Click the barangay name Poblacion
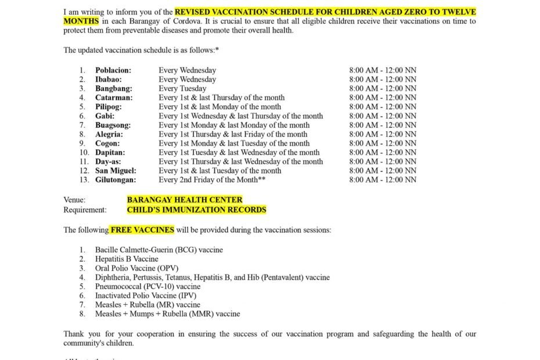[113, 70]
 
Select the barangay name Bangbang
[114, 89]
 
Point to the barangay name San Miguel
[116, 171]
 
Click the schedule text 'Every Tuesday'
[182, 89]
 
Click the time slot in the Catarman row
[383, 98]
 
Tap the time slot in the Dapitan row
[383, 153]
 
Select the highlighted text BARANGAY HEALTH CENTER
[185, 200]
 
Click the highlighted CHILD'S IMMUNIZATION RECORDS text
[196, 210]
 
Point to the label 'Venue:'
[74, 200]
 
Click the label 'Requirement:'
[85, 210]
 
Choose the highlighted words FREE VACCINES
[142, 230]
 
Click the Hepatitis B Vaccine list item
[127, 259]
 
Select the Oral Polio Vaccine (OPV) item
[137, 268]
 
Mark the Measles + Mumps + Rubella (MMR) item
[167, 314]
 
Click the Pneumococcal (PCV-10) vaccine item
[147, 286]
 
